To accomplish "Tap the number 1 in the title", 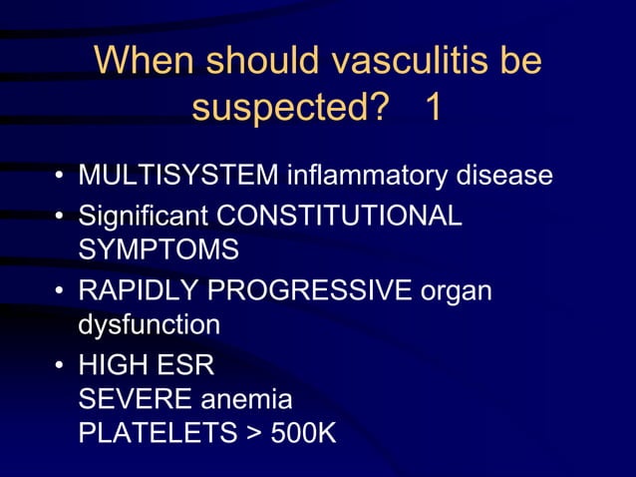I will point(433,110).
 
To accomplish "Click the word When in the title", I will point(147,62).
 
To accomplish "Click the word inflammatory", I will point(367,178).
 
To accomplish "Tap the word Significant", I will point(144,216).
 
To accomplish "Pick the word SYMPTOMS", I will point(159,250).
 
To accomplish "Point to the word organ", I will point(457,290).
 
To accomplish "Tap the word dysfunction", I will point(149,325).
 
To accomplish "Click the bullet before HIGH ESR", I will point(61,366).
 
